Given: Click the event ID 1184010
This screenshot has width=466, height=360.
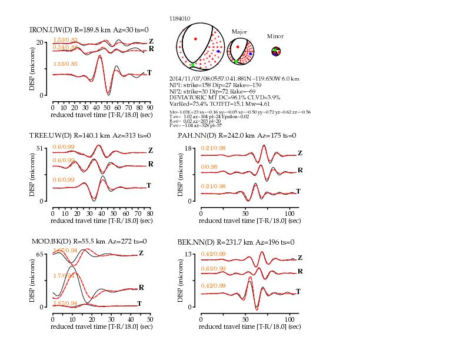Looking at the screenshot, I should click(179, 19).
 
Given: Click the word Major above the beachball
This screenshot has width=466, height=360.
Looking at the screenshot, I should click(239, 32).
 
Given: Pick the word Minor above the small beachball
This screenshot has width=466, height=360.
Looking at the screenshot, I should click(275, 36).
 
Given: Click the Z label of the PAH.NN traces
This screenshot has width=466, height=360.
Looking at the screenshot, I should click(299, 153).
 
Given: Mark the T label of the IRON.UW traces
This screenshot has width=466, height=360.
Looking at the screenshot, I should click(150, 72).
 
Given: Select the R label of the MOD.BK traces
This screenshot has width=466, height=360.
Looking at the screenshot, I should click(142, 287).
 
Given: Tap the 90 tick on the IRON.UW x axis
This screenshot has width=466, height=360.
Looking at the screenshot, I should click(149, 108).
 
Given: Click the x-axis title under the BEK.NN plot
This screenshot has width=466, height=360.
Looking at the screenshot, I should click(249, 326).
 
